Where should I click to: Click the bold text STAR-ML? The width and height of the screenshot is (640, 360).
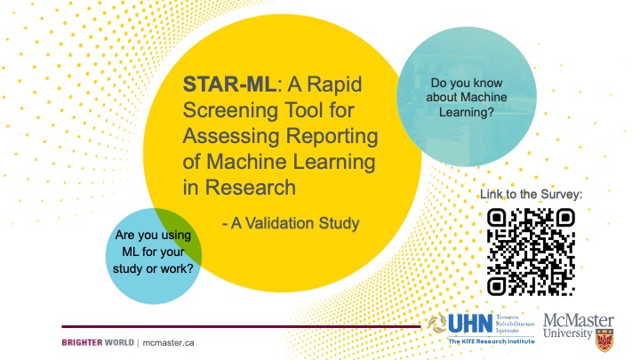pos(230,84)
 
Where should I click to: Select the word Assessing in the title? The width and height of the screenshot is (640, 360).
pos(231,136)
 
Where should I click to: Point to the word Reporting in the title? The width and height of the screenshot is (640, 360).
pos(332,136)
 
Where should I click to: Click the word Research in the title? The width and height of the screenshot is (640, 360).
pos(250,188)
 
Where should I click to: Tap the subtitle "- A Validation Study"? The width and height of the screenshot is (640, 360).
pos(291,223)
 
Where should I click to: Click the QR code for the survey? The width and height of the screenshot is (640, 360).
pos(531,252)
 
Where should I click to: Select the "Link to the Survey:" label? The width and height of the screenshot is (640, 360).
pos(531,195)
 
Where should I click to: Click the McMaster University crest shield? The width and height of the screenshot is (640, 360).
pos(604,340)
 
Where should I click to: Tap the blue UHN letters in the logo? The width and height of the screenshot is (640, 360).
pos(470,324)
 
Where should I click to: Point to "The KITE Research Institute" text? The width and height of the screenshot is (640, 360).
pos(492,341)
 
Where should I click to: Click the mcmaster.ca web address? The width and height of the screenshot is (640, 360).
pos(168,343)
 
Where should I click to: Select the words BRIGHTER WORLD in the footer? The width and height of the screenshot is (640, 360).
pos(98,342)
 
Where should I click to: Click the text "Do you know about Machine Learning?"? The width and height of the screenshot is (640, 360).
pos(467,97)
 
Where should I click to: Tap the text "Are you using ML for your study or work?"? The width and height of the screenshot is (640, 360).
pos(153,252)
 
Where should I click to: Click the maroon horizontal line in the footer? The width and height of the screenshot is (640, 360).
pos(241,326)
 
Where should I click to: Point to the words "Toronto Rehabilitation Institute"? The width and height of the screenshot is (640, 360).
pos(515,324)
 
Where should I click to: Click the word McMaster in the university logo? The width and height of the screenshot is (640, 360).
pos(579,320)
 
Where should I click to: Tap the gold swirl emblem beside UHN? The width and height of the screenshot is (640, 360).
pos(437,324)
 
